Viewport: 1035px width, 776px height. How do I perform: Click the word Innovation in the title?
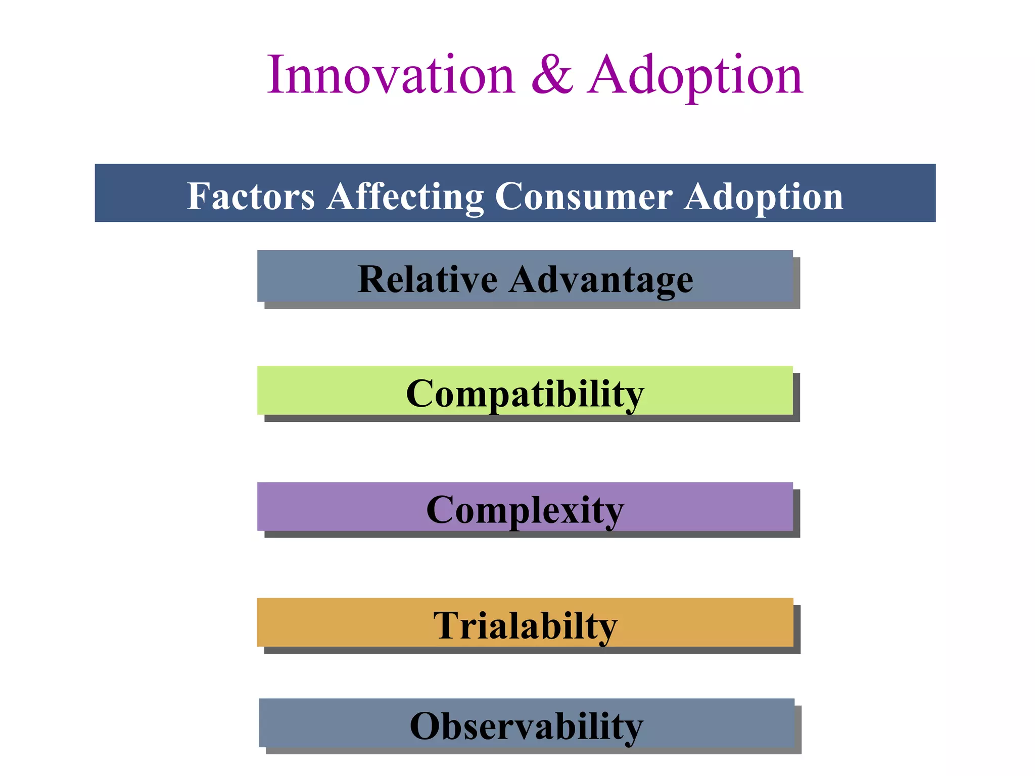click(x=391, y=76)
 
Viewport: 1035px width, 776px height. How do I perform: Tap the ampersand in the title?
click(x=552, y=76)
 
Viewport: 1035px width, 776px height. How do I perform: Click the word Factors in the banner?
click(x=251, y=196)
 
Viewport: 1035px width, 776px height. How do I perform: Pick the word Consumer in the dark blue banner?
click(x=584, y=196)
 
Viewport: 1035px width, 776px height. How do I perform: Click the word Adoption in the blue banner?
click(x=764, y=196)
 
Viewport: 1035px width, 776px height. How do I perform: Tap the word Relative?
click(x=427, y=279)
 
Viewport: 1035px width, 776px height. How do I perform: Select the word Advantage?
click(x=601, y=279)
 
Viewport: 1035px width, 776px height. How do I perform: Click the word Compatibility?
click(x=525, y=394)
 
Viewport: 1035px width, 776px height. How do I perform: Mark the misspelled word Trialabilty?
click(x=525, y=625)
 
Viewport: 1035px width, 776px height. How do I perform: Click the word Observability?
click(x=526, y=725)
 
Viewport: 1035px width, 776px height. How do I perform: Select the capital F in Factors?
click(x=196, y=196)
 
